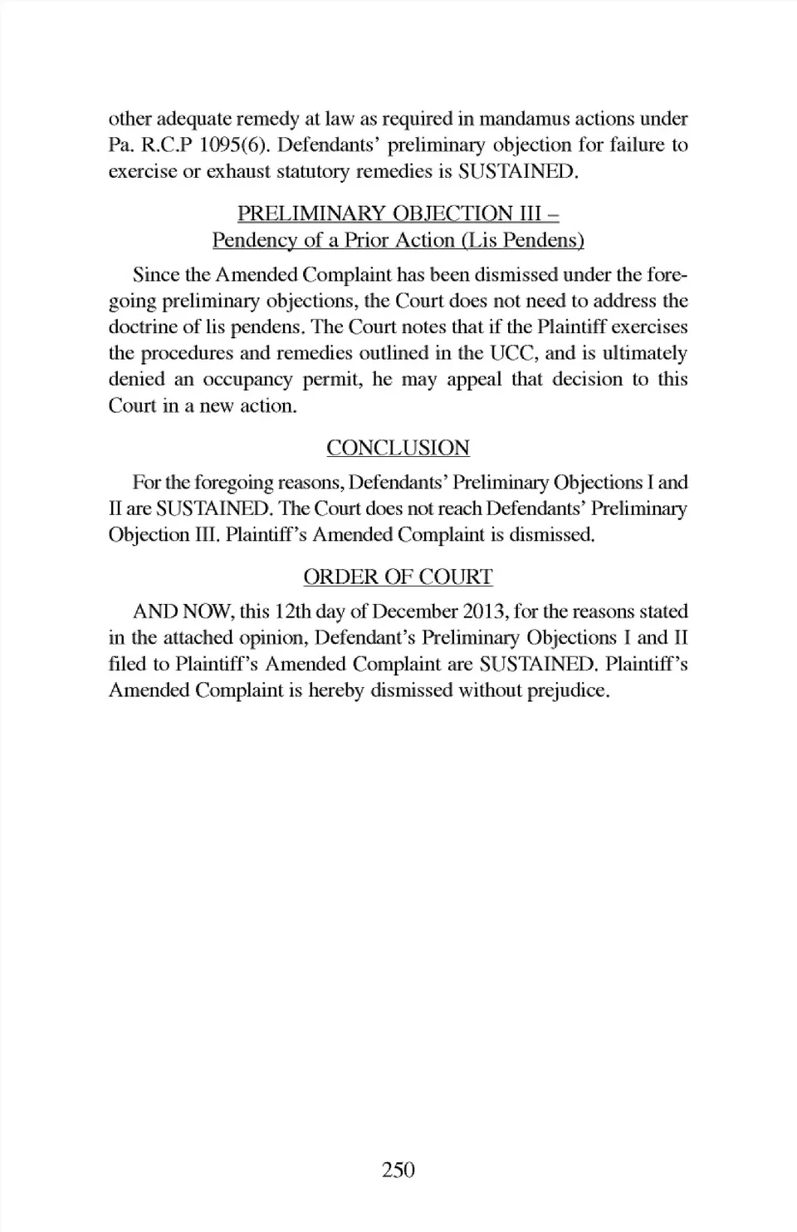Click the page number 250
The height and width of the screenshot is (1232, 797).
(x=398, y=1170)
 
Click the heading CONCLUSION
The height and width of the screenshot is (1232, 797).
(x=398, y=448)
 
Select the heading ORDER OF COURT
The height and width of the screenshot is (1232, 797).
(x=398, y=577)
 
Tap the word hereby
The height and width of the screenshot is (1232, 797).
(x=335, y=690)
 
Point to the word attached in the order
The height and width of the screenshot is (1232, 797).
(x=188, y=638)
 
